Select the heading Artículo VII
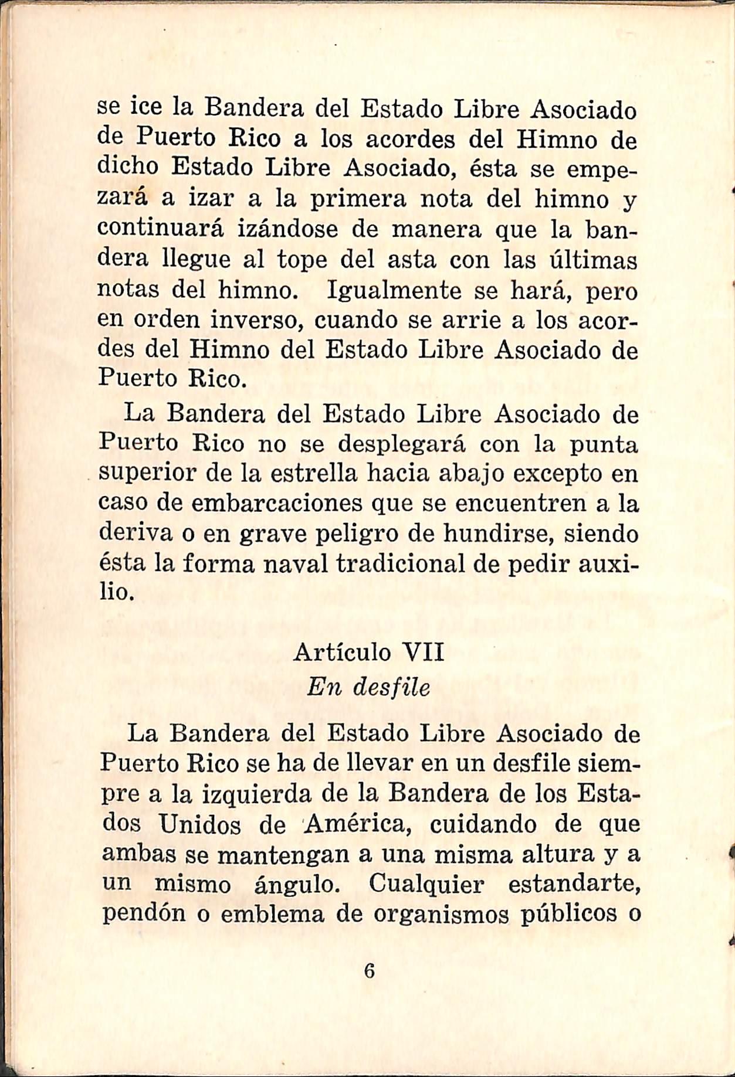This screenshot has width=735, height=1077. (x=369, y=651)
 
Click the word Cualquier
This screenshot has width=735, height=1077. (x=426, y=884)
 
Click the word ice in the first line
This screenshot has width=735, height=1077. (x=143, y=110)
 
